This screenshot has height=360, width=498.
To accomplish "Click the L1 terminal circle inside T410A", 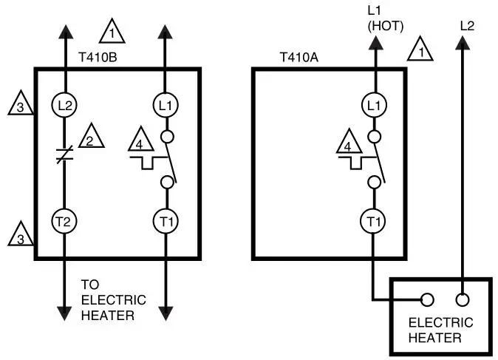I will pyautogui.click(x=375, y=105).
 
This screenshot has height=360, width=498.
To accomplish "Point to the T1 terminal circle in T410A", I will pyautogui.click(x=375, y=220).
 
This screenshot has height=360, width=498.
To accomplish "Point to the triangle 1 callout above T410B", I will pyautogui.click(x=112, y=33).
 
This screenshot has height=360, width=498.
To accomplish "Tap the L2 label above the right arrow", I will pyautogui.click(x=467, y=25).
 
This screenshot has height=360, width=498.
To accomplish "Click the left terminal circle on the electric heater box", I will pyautogui.click(x=426, y=300).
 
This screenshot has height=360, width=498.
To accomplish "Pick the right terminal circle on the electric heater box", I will pyautogui.click(x=463, y=300).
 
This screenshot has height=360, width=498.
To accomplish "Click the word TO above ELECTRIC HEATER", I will pyautogui.click(x=90, y=285).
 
